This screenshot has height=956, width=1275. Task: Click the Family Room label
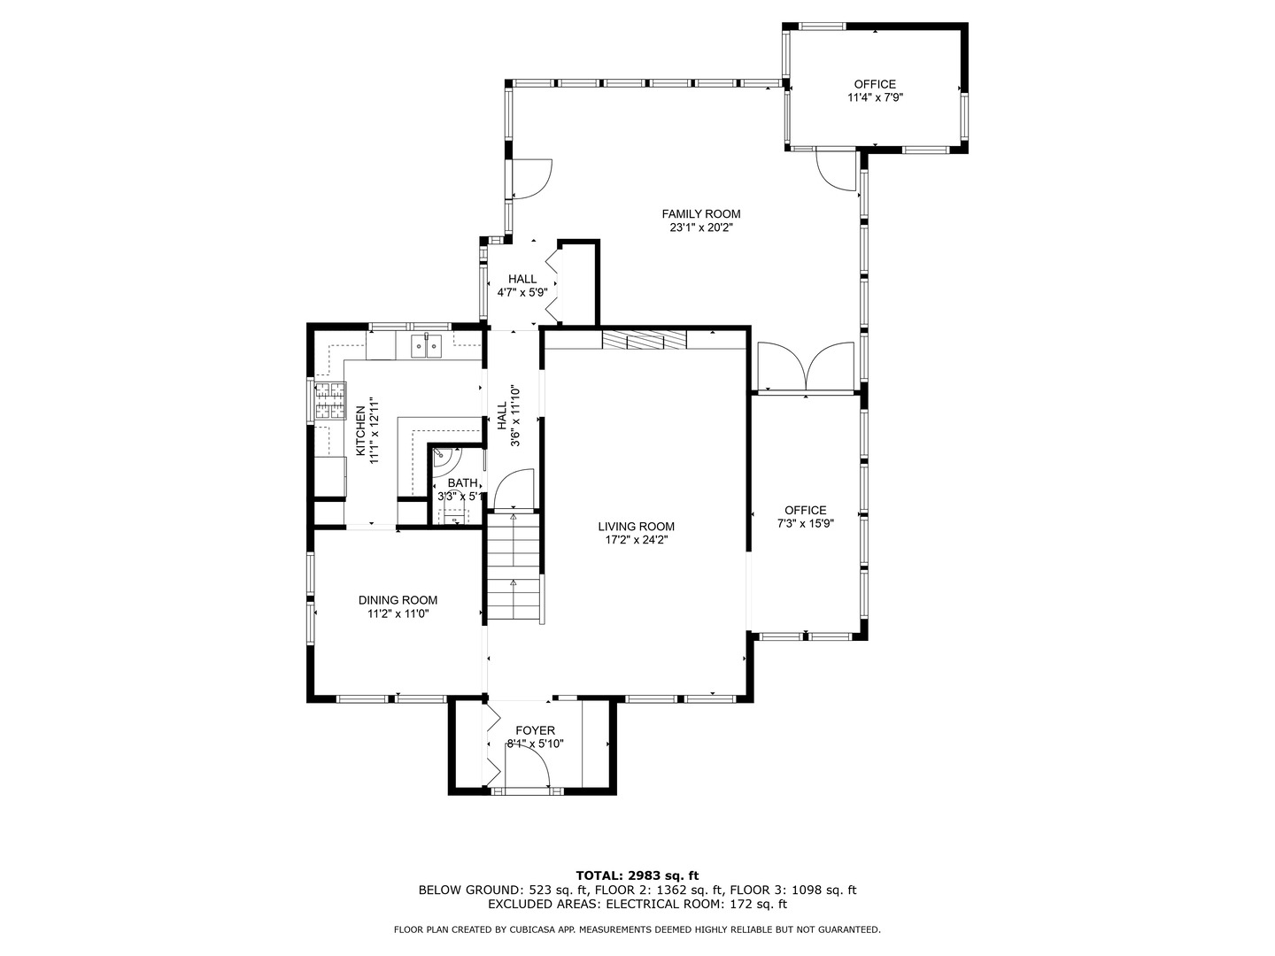[x=701, y=214]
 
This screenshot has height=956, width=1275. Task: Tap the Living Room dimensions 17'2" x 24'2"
[x=636, y=540]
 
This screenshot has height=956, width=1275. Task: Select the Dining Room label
[x=398, y=600]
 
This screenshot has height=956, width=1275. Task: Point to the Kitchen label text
[x=360, y=430]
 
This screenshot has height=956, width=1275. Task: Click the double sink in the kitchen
[x=427, y=346]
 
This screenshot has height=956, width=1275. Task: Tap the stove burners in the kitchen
[x=330, y=400]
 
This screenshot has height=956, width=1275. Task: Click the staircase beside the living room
[x=514, y=567]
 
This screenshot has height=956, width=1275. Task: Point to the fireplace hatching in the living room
[x=645, y=340]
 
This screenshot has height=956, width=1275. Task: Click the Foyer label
[x=535, y=730]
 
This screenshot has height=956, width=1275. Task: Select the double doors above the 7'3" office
[x=806, y=366]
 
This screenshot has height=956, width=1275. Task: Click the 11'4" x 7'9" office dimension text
[x=875, y=97]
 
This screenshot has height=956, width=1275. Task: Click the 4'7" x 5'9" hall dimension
[x=522, y=292]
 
